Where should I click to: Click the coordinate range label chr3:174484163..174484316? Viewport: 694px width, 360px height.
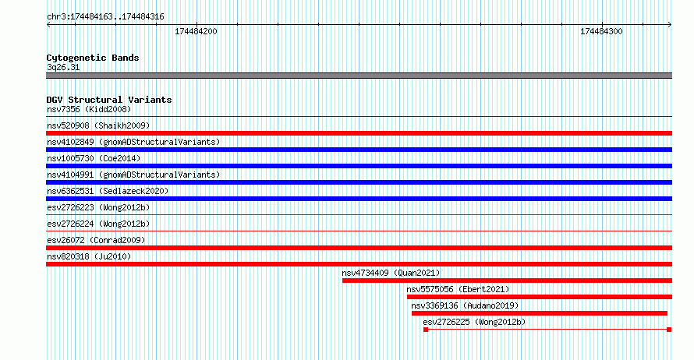(x=105, y=17)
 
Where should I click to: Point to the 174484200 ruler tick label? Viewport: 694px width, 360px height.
(x=196, y=31)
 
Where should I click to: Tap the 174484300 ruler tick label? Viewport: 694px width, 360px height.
(x=601, y=31)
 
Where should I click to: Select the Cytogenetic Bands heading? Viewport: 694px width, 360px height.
(x=93, y=58)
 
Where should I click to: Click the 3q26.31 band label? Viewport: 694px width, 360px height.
(x=63, y=67)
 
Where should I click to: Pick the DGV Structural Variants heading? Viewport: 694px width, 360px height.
(x=109, y=100)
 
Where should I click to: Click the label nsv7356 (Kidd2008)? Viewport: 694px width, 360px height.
(x=89, y=109)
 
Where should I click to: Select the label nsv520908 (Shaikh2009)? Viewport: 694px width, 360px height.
(x=98, y=125)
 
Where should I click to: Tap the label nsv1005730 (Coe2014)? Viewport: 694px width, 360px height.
(x=94, y=158)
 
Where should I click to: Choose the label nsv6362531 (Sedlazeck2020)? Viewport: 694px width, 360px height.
(x=108, y=191)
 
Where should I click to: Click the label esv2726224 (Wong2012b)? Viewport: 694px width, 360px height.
(x=98, y=224)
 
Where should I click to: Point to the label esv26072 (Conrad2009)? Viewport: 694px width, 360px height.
(x=96, y=240)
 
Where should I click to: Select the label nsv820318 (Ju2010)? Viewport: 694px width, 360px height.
(x=89, y=256)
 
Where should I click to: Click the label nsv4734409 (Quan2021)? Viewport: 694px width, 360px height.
(x=391, y=273)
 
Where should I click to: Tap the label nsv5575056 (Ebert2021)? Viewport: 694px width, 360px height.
(x=458, y=289)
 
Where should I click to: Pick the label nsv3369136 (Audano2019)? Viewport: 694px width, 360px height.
(x=465, y=305)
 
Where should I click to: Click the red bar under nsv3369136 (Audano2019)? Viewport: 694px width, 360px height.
(x=540, y=313)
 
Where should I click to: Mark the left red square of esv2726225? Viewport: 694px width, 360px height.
(x=426, y=330)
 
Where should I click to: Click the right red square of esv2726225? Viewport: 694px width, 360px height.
(x=669, y=330)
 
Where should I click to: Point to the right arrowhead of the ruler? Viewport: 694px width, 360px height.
(x=670, y=25)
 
